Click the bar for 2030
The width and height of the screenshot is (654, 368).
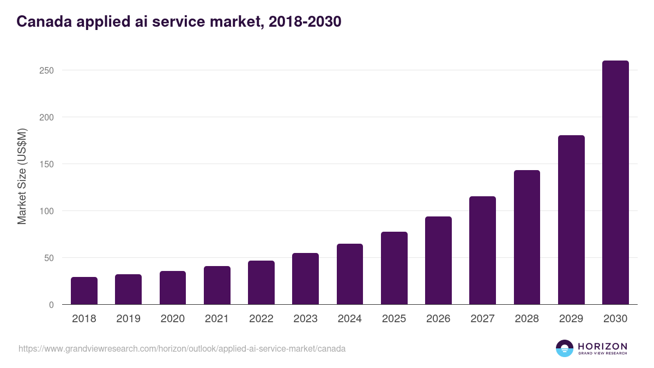[615, 183]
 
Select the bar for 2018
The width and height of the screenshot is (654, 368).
[84, 291]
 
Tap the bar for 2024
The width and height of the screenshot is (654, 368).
[350, 274]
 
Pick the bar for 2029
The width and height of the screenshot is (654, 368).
[571, 220]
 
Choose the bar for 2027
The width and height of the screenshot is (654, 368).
[482, 250]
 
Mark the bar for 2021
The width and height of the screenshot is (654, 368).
[217, 285]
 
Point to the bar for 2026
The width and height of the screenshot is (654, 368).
[438, 261]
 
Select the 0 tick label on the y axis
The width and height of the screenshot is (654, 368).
[51, 305]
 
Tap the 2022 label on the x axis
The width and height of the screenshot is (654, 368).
[261, 319]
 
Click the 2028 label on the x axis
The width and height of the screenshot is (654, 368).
[527, 319]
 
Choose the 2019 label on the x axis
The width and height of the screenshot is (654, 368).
[128, 319]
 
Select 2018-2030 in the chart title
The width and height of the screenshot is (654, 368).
[301, 21]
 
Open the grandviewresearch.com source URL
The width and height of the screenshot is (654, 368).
[182, 348]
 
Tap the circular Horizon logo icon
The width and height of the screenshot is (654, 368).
[565, 348]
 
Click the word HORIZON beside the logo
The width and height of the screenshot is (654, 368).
[602, 346]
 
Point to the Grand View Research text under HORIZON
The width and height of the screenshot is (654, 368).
[602, 353]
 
